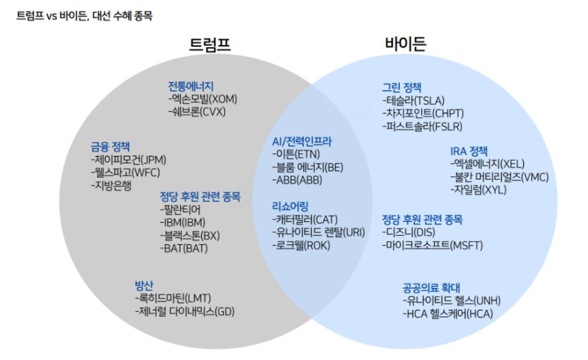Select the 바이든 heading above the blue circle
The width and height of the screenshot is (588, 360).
click(406, 45)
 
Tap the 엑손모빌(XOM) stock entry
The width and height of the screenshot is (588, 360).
click(202, 99)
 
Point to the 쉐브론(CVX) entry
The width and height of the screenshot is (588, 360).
click(197, 112)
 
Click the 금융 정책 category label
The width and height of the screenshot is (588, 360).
click(110, 147)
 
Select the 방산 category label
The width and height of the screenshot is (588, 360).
click(144, 285)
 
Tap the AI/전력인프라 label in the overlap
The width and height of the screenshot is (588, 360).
click(302, 141)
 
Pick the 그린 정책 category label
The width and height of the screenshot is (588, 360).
click(402, 87)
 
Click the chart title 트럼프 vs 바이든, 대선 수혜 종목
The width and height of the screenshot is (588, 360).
click(85, 15)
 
